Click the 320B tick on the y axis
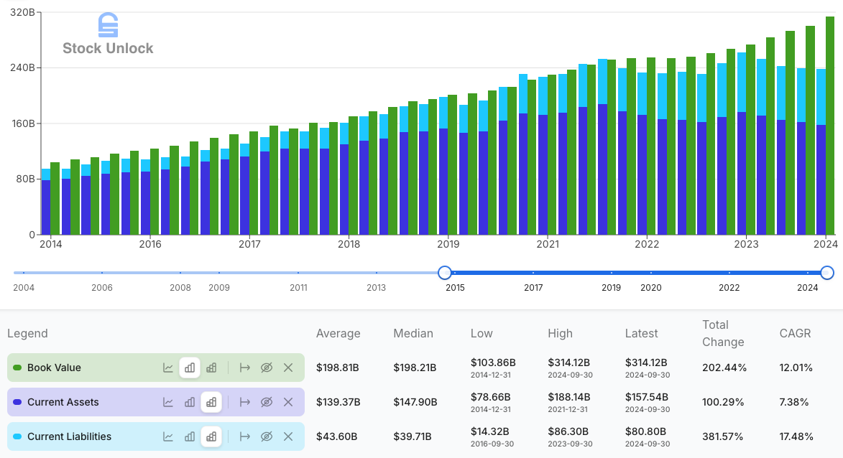tap(23, 13)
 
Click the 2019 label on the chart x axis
tap(448, 244)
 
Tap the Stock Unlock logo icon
tap(108, 25)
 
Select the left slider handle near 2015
tap(445, 273)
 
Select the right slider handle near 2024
tap(827, 273)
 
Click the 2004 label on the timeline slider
tap(24, 287)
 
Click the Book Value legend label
tap(54, 368)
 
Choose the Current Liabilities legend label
tap(69, 436)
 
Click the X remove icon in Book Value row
tap(288, 368)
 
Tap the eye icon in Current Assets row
tap(267, 402)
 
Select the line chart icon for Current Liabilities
tap(168, 436)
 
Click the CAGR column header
tap(795, 333)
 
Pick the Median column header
tap(413, 333)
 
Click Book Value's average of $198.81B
tap(337, 368)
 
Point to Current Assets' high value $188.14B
tap(568, 397)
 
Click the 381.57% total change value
tap(724, 436)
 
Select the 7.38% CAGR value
tap(796, 402)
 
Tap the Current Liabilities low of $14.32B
tap(491, 431)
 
